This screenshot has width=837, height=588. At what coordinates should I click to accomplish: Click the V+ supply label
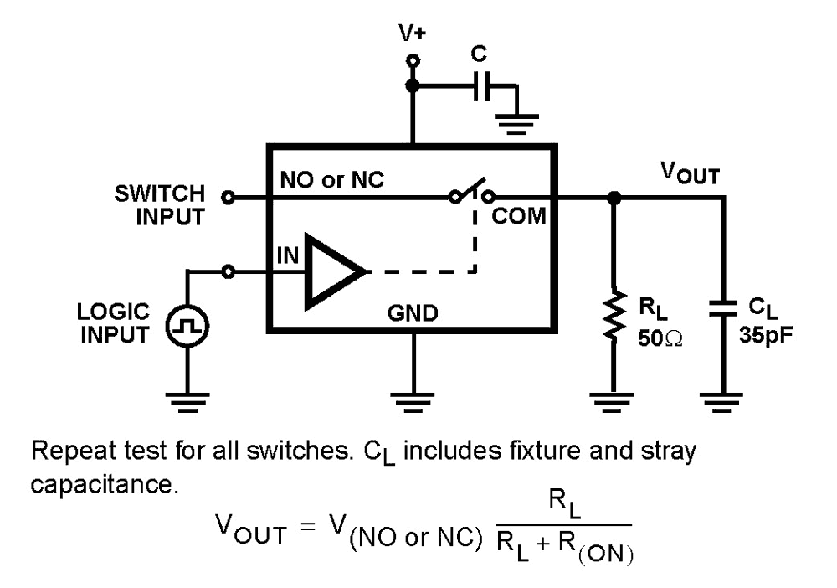coord(412,34)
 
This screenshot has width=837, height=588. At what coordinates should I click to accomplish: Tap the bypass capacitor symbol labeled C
coord(480,86)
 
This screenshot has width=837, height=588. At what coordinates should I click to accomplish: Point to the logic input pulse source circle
coord(186,328)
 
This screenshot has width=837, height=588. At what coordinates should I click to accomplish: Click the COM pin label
coord(518,218)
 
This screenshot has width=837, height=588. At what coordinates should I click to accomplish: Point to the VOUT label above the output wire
coord(688,173)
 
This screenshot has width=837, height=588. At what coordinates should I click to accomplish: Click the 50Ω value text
coord(658,340)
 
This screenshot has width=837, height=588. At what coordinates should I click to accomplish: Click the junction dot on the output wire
coord(614,199)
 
